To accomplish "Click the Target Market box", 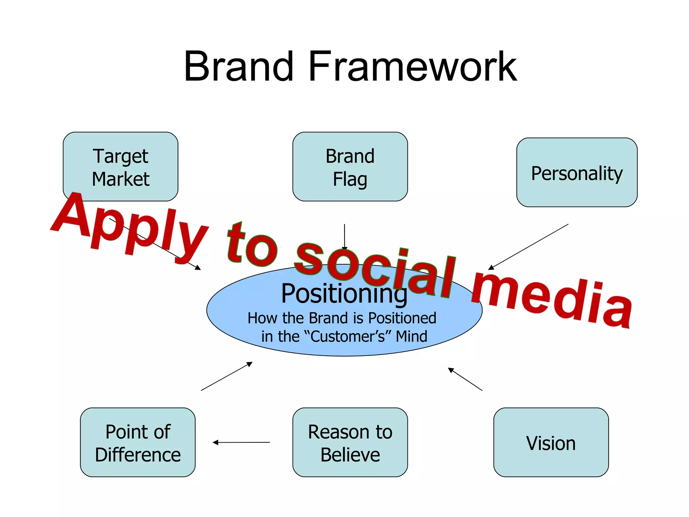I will [120, 167].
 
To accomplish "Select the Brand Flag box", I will [350, 167].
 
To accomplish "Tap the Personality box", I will [577, 172].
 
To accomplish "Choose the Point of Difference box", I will [138, 442].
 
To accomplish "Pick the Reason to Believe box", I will [350, 442].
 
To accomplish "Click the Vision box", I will [551, 442].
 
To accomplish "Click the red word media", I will [552, 300].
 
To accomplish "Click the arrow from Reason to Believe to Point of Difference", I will [241, 442].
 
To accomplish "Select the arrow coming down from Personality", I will [528, 247].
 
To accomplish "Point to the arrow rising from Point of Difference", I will [226, 376].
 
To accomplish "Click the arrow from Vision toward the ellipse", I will [465, 379].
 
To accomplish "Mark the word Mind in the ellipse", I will [411, 337].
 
